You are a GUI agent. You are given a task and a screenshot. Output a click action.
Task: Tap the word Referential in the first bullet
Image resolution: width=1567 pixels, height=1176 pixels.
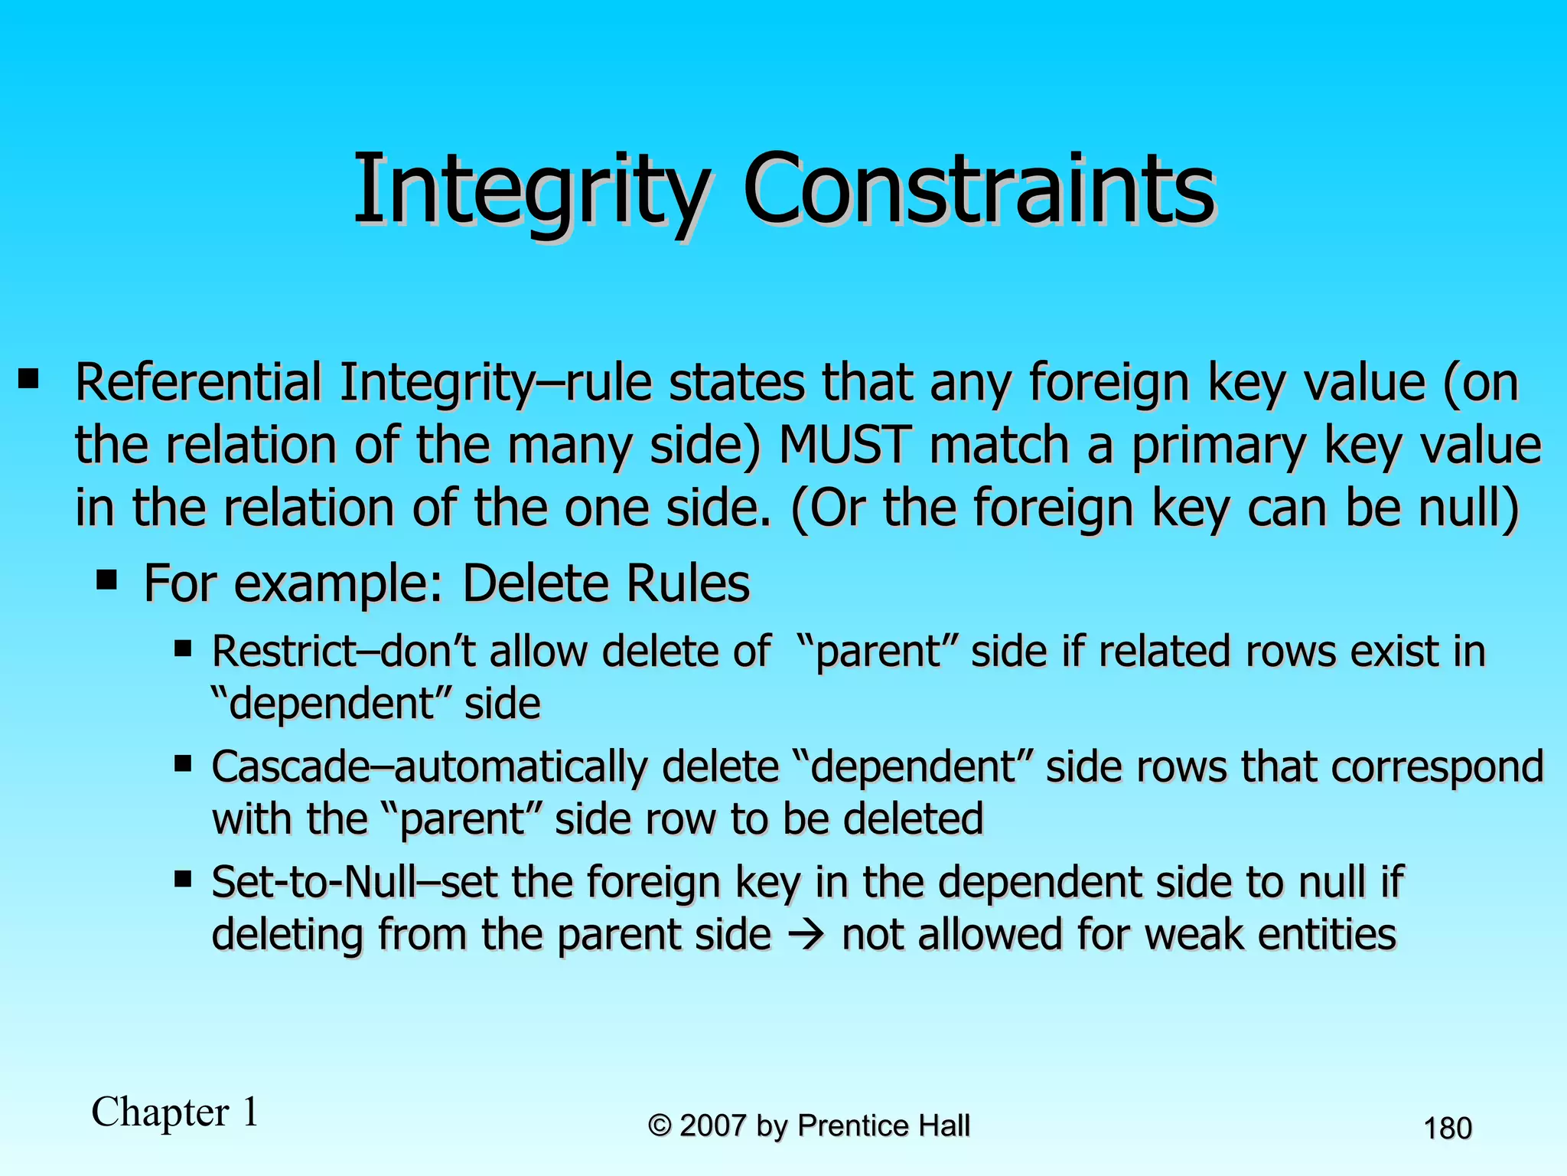click(198, 383)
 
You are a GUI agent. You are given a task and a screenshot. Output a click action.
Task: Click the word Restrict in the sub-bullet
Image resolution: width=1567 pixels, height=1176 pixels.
click(284, 652)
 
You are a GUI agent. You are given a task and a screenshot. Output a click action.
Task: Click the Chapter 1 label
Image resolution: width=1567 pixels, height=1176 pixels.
click(175, 1112)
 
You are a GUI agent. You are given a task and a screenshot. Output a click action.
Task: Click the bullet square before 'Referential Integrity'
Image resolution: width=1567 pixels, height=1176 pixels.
click(29, 378)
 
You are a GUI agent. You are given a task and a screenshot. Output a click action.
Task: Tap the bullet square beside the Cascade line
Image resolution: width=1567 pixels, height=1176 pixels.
click(182, 763)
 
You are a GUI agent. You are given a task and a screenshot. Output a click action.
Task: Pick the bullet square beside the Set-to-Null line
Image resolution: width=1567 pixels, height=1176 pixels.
click(182, 879)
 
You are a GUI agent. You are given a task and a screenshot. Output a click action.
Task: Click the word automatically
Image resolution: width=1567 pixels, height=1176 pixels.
click(520, 767)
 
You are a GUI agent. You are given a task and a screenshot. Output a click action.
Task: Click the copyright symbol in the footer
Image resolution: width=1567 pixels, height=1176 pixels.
click(659, 1126)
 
